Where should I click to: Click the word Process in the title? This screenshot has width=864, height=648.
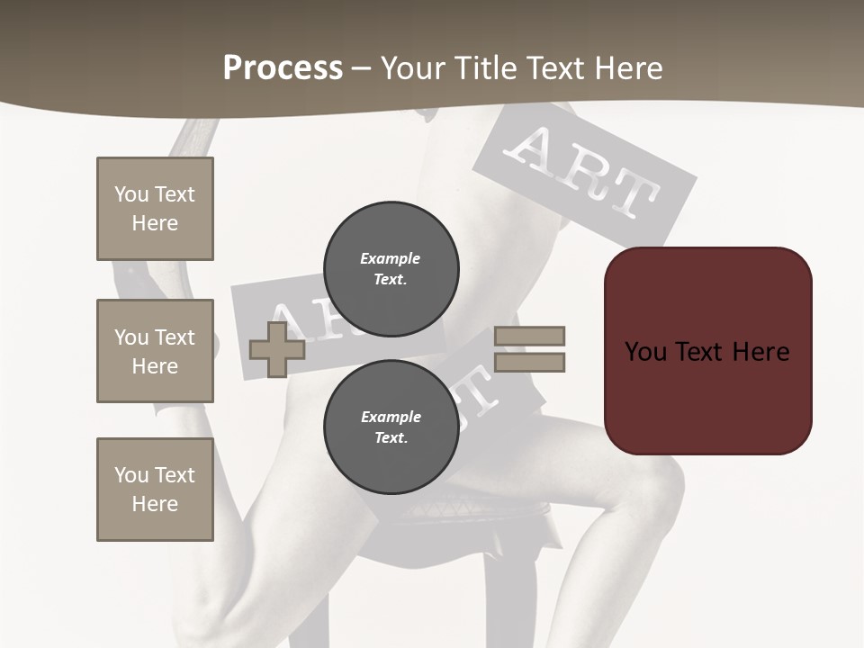pos(283,68)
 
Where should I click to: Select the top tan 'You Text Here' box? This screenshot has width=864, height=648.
pos(155,209)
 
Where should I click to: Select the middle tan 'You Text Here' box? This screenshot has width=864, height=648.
pos(155,351)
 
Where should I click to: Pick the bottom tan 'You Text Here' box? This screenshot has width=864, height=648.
pos(155,490)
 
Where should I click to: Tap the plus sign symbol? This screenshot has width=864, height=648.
pos(277,349)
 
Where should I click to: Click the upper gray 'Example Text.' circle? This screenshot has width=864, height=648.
pos(391,268)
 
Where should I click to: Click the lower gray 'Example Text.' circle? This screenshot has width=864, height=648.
pos(391,427)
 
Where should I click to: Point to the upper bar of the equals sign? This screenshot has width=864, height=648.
pos(529,337)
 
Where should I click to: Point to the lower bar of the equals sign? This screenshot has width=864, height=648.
pos(529,363)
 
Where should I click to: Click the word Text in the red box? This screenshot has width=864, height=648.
pos(706,352)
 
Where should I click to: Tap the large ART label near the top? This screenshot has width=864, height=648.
pos(585,175)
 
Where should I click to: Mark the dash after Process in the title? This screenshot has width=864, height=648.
pos(361,68)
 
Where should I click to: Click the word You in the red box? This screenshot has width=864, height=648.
pos(645,352)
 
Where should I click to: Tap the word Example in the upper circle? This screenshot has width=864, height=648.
pos(390,258)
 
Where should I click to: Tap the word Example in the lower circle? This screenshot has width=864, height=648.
pos(391,417)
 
